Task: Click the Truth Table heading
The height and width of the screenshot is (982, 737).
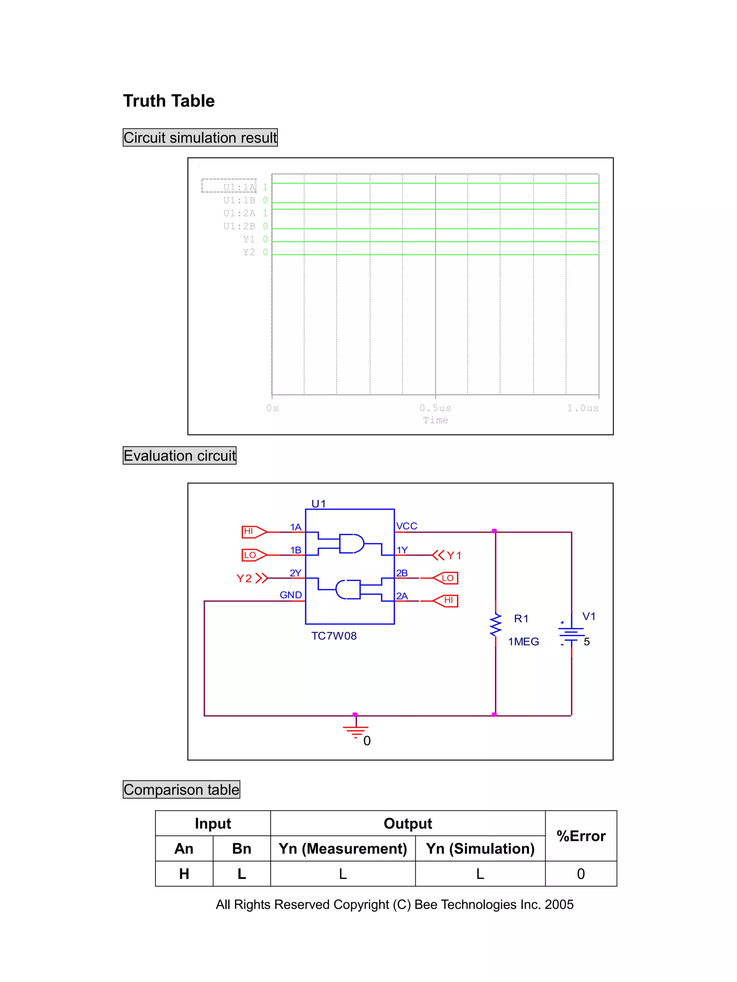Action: coord(168,101)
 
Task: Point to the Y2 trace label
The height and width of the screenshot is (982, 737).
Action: coord(249,252)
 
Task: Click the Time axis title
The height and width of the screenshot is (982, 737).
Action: coord(435,420)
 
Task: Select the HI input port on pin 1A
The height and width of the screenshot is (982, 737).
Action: coord(253,531)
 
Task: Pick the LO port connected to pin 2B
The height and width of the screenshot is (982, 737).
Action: coord(446,578)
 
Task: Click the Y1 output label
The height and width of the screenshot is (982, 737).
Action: coord(453,556)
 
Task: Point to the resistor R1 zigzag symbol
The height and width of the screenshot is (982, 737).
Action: coord(495,625)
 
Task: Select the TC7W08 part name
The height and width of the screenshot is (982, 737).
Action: coord(334,636)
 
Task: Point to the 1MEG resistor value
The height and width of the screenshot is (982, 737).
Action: coord(523,641)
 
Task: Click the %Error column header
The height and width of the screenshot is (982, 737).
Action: coord(580,836)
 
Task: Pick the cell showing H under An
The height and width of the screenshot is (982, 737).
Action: coord(184,874)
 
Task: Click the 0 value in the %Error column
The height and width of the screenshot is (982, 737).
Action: coord(580,874)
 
